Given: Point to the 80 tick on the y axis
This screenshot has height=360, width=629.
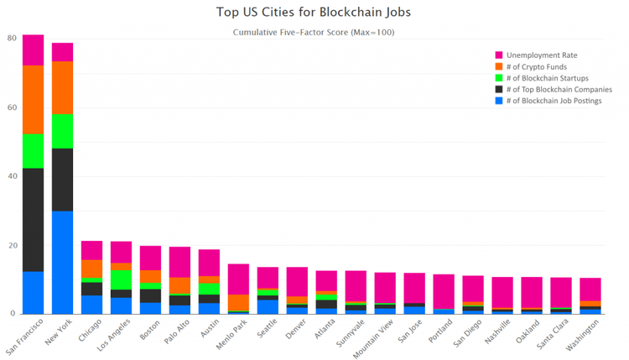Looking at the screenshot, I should pyautogui.click(x=13, y=39).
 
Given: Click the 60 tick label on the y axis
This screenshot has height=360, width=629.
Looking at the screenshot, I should pyautogui.click(x=13, y=107).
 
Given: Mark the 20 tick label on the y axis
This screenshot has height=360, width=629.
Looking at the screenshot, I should pyautogui.click(x=13, y=245).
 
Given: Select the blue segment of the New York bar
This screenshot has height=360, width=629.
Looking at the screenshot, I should pyautogui.click(x=63, y=262).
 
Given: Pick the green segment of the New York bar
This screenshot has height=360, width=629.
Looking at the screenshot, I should pyautogui.click(x=63, y=131).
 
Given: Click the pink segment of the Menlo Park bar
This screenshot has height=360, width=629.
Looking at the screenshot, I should pyautogui.click(x=238, y=279).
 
